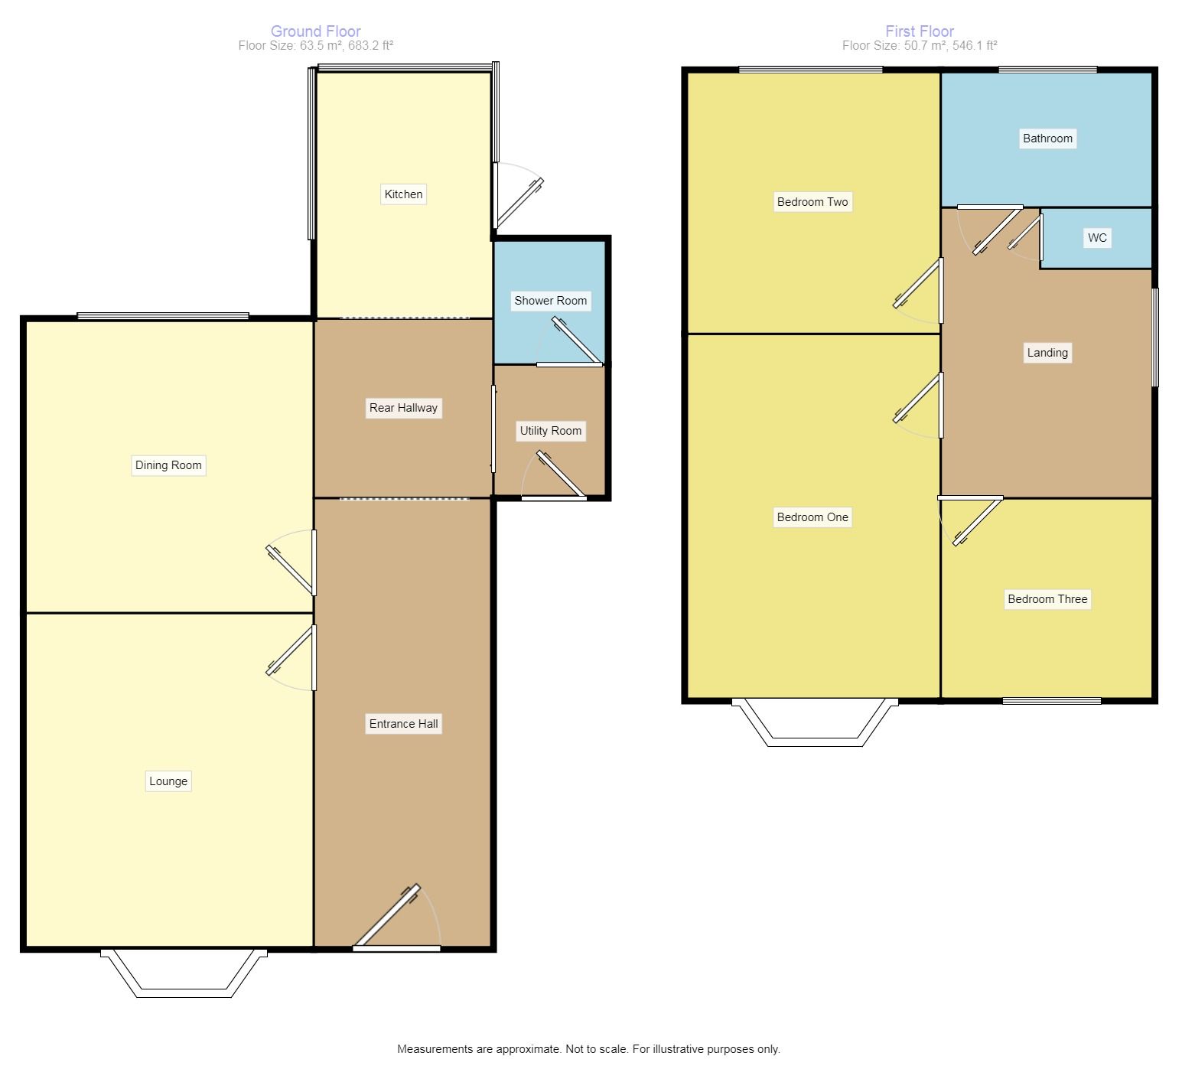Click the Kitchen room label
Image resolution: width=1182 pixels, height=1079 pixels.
pos(403,194)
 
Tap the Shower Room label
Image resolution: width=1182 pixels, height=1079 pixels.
pos(551,301)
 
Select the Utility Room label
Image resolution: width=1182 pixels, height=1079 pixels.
pos(551,431)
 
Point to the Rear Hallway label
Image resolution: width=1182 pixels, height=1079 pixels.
pos(403,408)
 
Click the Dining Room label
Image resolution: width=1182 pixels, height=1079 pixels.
pos(168,465)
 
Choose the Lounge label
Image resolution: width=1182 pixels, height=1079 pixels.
pos(168,781)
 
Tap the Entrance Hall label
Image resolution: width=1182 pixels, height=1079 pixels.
pos(403,724)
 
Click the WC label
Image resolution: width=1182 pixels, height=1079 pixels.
pos(1097,238)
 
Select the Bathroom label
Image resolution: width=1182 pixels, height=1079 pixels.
pos(1047,139)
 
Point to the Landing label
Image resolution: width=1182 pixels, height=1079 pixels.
pos(1047,353)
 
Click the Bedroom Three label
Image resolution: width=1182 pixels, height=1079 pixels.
pos(1047,599)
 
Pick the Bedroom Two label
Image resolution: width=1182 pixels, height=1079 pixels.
pos(812,202)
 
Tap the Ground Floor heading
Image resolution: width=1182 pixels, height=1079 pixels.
pos(316,31)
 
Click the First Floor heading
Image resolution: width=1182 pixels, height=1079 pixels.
pos(920,31)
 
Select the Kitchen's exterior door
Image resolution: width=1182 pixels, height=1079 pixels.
pos(518,196)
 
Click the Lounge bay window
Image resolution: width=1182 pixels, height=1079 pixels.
pos(184,973)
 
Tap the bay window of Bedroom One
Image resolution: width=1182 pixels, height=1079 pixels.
pos(815,722)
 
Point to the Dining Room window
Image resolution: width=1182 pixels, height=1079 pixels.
pos(163,316)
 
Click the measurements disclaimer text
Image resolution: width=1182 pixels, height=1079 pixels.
pos(588,1049)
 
